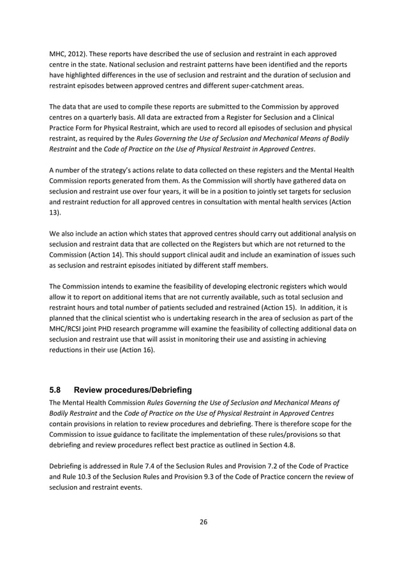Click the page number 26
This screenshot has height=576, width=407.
point(204,522)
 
